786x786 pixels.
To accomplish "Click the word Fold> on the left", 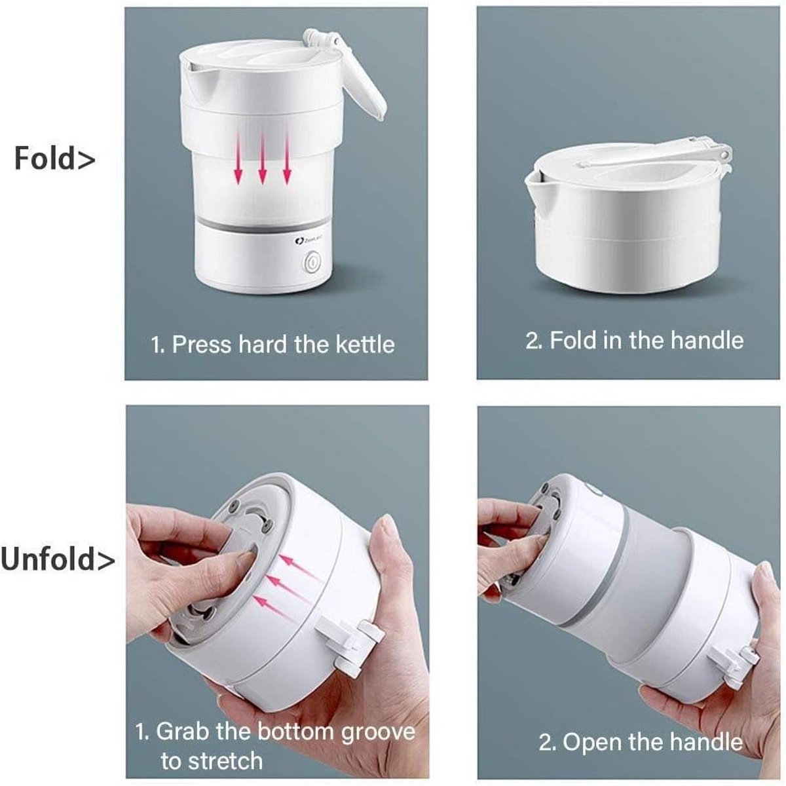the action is coord(54,159).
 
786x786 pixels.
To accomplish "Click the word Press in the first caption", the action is coord(202,345).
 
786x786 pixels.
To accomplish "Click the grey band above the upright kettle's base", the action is coord(264,227).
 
